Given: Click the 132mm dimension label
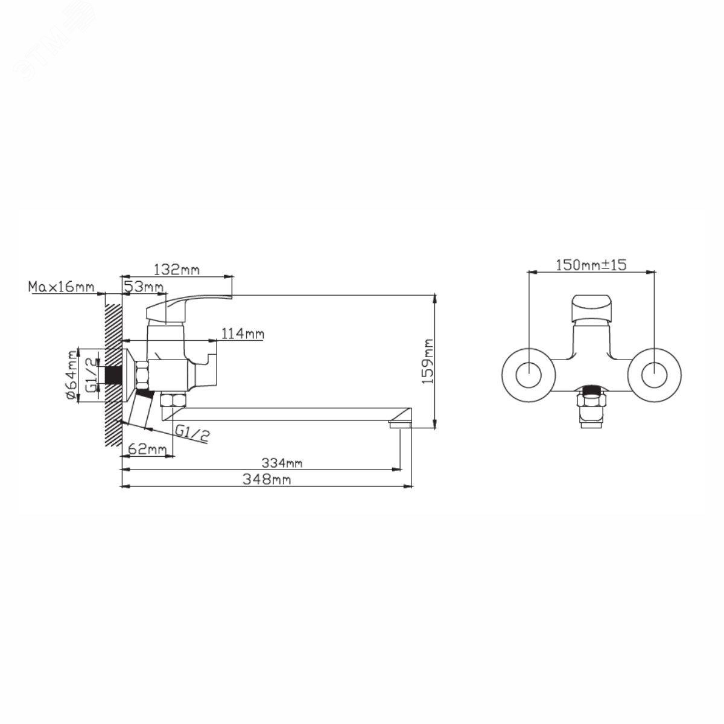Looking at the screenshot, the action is click(x=177, y=269).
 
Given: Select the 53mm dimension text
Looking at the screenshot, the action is click(x=144, y=287).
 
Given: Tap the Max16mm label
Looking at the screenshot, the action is click(x=61, y=287).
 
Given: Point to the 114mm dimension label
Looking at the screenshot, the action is click(x=243, y=333).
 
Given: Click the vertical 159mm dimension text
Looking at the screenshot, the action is click(x=428, y=361).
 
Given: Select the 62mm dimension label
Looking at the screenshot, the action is click(x=147, y=449).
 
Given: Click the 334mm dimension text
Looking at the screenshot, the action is click(x=282, y=463).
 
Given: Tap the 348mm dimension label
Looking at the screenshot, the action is click(x=267, y=479).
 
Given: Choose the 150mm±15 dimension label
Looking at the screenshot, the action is click(x=591, y=265).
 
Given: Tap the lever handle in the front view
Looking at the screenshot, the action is click(x=591, y=308).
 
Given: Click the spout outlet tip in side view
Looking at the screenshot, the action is click(x=400, y=425).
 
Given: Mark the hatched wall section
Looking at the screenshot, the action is click(x=113, y=370).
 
